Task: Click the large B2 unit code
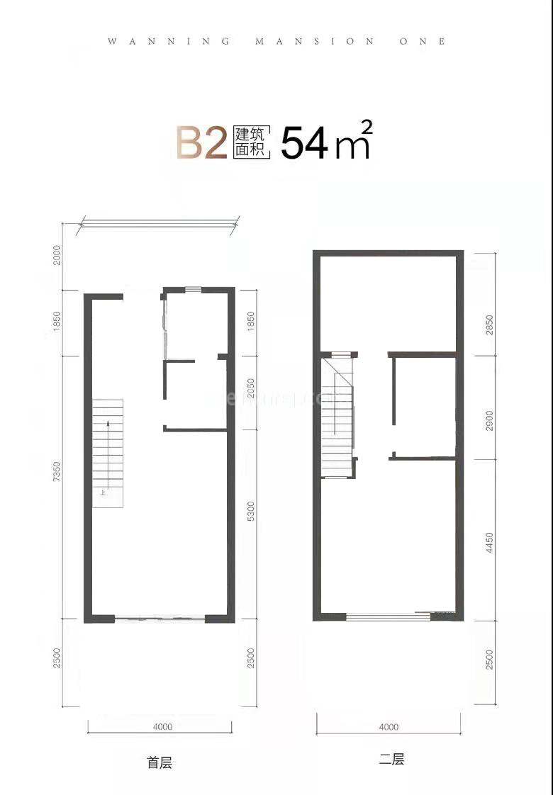coord(201,143)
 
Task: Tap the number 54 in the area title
coord(305,144)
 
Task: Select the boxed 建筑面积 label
coord(250,143)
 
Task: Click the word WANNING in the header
coord(169,42)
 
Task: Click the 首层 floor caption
coord(160,762)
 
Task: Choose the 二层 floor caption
coord(391,760)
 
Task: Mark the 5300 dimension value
coord(250,512)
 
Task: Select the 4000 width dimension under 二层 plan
coord(389,726)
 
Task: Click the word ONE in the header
coord(424,42)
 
